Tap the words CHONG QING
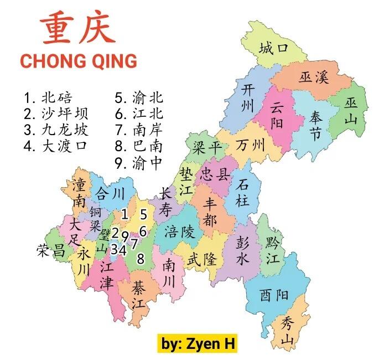(78, 60)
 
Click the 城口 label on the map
(274, 48)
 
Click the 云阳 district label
(277, 115)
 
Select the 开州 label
(243, 97)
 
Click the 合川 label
(110, 194)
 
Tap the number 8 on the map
(141, 258)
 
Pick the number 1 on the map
(124, 214)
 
